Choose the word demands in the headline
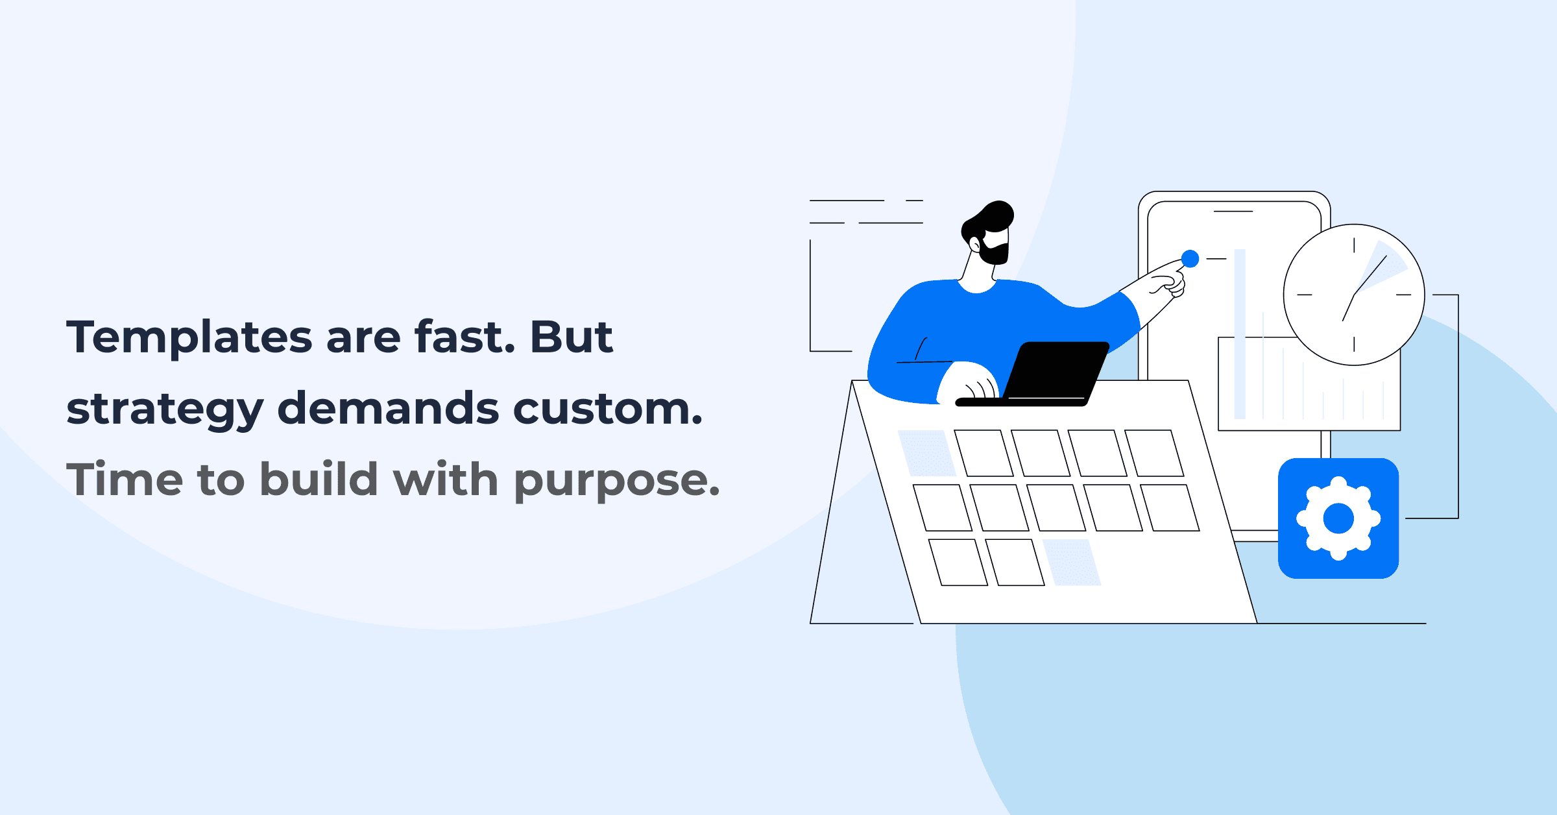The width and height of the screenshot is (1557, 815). point(388,409)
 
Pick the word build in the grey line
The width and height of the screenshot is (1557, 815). point(319,480)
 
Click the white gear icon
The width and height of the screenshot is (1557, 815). point(1338,518)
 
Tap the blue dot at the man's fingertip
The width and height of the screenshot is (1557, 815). point(1190,259)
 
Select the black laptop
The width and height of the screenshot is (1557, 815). point(1054,373)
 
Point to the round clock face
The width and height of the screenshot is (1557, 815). point(1353,295)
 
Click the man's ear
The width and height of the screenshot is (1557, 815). point(974,245)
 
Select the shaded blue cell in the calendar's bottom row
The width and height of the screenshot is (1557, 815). point(1071,562)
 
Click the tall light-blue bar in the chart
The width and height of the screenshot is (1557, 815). point(1239,334)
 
